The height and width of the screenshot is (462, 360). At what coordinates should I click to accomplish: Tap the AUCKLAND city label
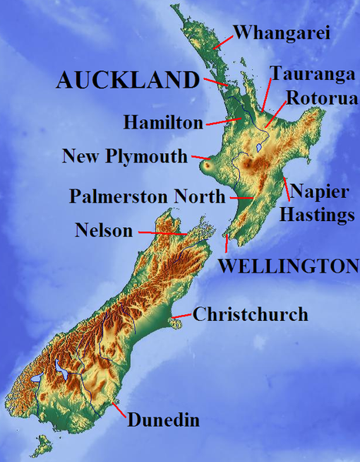128,79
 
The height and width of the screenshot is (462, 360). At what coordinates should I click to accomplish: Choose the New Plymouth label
125,157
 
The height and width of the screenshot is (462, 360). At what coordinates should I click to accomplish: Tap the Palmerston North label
147,196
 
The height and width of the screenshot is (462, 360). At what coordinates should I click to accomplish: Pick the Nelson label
104,229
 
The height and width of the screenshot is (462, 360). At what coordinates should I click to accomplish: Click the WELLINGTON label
288,266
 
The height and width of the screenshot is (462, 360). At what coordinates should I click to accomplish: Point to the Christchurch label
250,314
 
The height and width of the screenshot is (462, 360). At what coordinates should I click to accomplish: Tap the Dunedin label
163,420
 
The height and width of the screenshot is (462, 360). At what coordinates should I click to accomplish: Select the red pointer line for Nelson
161,231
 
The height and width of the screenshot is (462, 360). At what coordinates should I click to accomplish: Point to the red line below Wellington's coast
227,245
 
